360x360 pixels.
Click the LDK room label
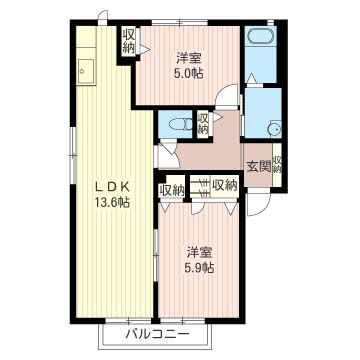point(113,188)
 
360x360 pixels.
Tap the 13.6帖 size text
point(113,202)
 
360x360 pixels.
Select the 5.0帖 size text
point(189,73)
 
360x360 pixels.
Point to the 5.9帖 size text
point(199,267)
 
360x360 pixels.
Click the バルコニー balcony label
point(157,334)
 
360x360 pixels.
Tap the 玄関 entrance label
point(258,166)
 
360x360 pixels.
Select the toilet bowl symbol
point(180,125)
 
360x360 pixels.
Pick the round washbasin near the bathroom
point(274,129)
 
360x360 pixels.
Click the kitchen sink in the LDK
point(85,72)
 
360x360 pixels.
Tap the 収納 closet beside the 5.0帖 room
point(128,41)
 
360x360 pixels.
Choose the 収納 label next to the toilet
point(202,123)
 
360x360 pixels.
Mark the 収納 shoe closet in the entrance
point(277,165)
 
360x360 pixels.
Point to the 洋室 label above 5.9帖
point(199,253)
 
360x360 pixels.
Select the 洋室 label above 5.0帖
point(189,58)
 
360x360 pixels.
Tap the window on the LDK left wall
point(72,155)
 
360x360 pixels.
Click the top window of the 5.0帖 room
point(180,23)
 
